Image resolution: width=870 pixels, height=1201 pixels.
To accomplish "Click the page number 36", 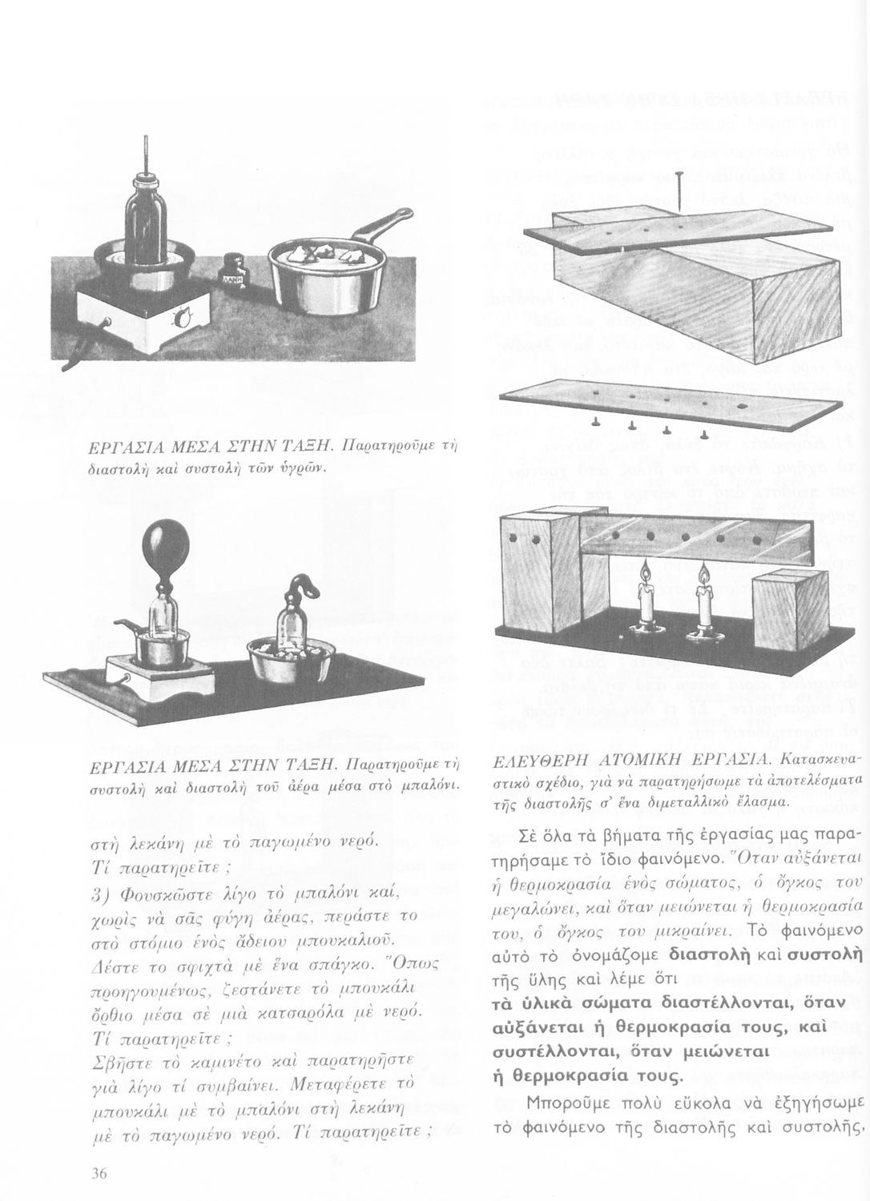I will pyautogui.click(x=99, y=1175).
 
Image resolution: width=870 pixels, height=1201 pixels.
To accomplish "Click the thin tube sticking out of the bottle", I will pyautogui.click(x=148, y=155).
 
